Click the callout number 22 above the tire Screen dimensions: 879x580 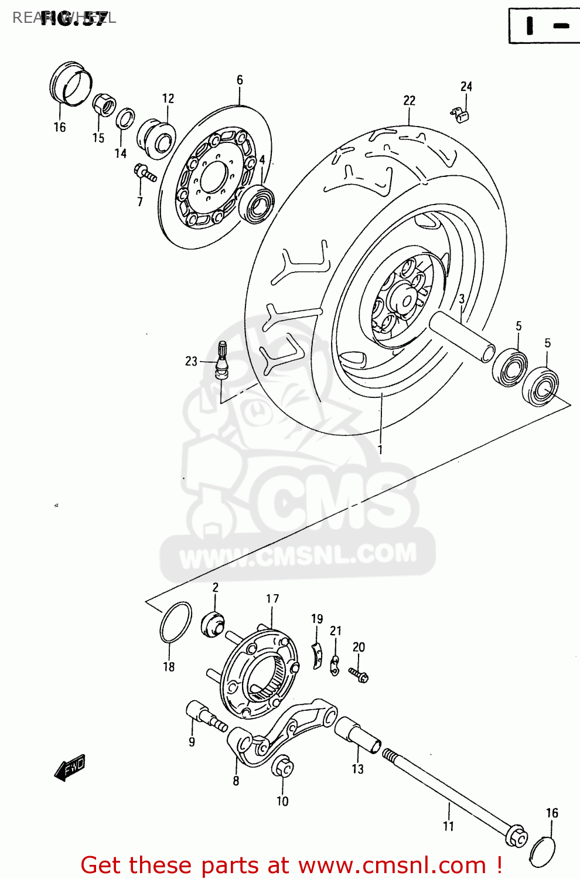(x=409, y=101)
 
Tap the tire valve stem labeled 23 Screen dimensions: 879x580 (x=221, y=358)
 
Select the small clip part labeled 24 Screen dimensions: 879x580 (x=461, y=114)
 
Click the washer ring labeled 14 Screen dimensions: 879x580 (x=125, y=118)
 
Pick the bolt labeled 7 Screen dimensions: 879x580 (x=145, y=172)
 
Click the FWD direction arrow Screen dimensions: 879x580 (x=70, y=766)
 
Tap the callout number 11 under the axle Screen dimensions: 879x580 (x=449, y=826)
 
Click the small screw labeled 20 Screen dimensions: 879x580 (x=359, y=675)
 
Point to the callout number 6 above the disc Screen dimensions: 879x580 (x=240, y=80)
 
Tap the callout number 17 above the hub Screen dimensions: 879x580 (x=272, y=599)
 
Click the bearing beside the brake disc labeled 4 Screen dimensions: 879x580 (x=257, y=203)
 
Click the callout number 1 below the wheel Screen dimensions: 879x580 (x=380, y=450)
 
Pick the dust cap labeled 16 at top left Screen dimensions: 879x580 (x=71, y=83)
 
